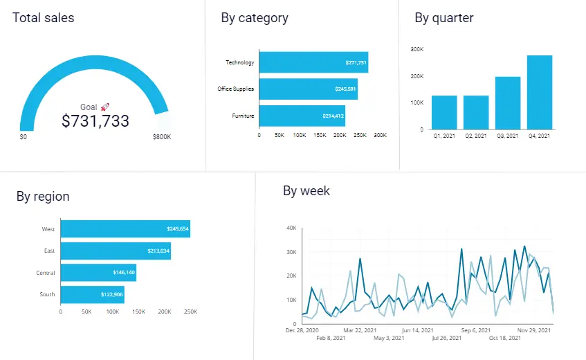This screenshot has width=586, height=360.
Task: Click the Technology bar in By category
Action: (x=313, y=62)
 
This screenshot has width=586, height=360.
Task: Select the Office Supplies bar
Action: (x=308, y=89)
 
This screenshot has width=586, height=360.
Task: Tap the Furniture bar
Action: (x=302, y=116)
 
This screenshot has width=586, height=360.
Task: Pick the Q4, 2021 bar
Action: (x=539, y=92)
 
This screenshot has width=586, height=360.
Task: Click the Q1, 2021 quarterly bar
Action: (x=444, y=112)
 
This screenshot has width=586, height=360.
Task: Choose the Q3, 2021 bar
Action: (x=508, y=102)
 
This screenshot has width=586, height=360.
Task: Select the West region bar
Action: (x=125, y=228)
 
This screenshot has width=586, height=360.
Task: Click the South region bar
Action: (x=92, y=294)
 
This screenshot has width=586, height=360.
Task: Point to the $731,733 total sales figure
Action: (x=95, y=121)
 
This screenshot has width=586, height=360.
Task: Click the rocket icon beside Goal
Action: (x=105, y=107)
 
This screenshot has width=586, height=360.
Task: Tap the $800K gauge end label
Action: (x=162, y=137)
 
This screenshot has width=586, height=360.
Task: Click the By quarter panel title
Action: (x=444, y=18)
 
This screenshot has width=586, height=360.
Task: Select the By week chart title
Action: (x=306, y=191)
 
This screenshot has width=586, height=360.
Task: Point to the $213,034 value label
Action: (x=158, y=251)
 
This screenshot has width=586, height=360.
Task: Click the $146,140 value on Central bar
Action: (x=124, y=273)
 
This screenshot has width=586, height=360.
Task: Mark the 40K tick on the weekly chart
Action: (x=292, y=228)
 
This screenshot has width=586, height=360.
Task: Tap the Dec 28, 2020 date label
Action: (x=302, y=330)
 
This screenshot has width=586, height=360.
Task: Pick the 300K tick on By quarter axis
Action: (x=416, y=49)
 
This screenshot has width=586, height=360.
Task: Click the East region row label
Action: (x=49, y=251)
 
